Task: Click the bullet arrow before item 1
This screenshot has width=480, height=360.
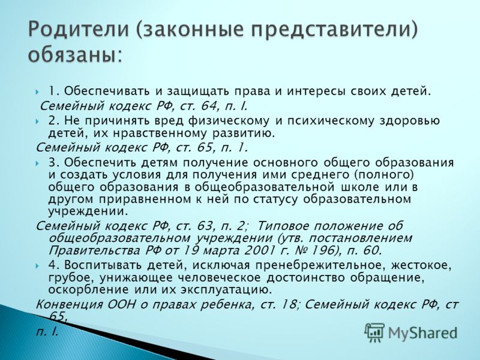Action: [37, 92]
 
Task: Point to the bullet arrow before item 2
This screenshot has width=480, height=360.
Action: [37, 121]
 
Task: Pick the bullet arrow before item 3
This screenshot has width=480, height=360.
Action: [37, 163]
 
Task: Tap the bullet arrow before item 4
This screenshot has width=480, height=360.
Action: [37, 266]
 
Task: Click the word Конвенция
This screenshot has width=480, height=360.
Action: [70, 305]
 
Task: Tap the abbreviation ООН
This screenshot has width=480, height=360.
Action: [121, 305]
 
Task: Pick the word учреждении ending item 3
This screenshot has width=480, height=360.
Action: [87, 212]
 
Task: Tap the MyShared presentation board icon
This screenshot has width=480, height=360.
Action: [374, 332]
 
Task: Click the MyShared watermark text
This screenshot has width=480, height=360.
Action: [422, 333]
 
